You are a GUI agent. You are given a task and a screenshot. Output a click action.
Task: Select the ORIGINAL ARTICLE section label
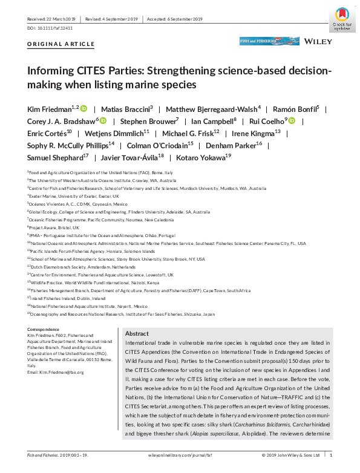pyautogui.click(x=61, y=44)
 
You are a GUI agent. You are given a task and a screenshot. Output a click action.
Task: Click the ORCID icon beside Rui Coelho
pyautogui.click(x=292, y=121)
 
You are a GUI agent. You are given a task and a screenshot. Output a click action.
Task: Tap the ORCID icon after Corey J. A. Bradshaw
pyautogui.click(x=102, y=121)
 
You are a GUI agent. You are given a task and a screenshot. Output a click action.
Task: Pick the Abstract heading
pyautogui.click(x=137, y=334)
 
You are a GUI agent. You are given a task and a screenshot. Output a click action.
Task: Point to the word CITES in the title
pyautogui.click(x=88, y=71)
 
